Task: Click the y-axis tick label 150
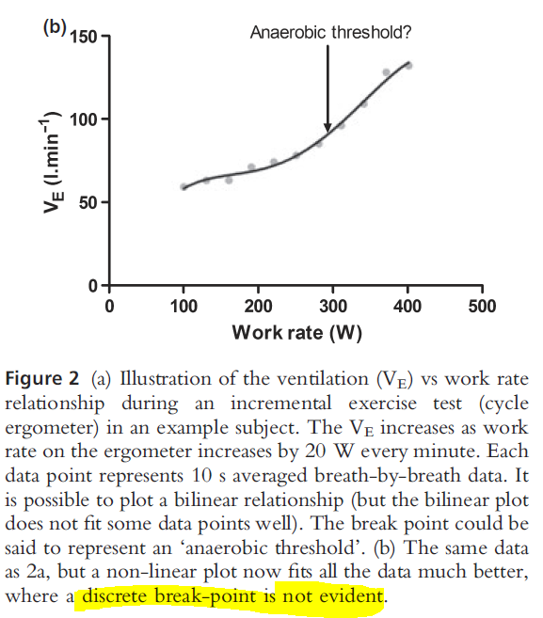coord(84,38)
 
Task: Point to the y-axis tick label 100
coord(84,120)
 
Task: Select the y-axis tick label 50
coord(88,203)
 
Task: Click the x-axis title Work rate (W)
coord(296,332)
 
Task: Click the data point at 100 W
coord(184,186)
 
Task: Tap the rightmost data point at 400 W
coord(408,65)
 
